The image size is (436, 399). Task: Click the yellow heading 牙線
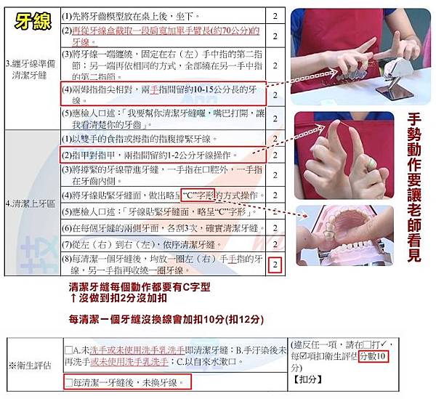coord(33,21)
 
